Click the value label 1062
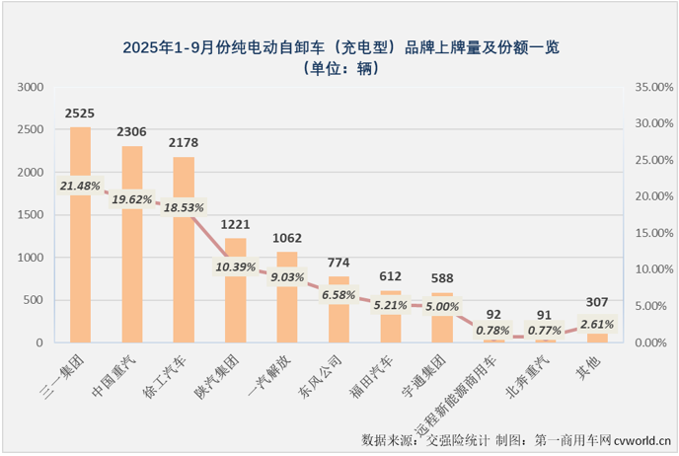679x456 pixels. [287, 238]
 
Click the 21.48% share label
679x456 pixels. [80, 185]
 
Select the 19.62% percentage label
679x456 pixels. [132, 198]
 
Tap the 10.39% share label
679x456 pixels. [236, 266]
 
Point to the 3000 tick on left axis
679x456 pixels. [32, 87]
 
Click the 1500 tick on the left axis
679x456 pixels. [32, 214]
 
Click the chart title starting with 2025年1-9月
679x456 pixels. [339, 46]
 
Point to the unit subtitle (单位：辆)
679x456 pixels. [339, 68]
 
